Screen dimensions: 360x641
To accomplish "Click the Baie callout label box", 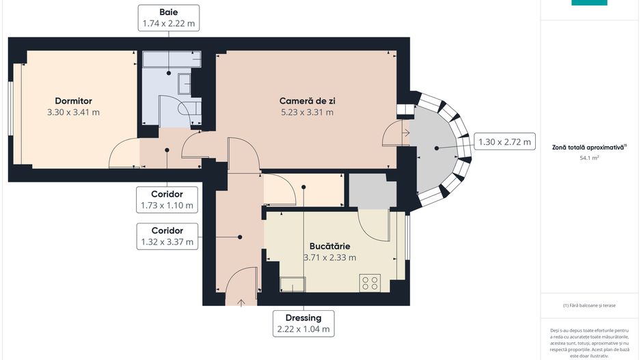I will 169,18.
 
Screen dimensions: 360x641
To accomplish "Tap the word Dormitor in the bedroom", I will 73,100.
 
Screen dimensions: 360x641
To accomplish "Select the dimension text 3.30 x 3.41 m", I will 73,112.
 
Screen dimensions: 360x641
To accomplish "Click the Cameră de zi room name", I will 307,100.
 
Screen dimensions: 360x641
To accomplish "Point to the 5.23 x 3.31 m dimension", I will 307,112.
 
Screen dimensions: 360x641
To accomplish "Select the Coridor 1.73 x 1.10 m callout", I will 167,199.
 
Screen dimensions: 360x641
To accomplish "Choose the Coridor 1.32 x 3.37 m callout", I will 167,236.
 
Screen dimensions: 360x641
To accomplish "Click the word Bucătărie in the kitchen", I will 329,245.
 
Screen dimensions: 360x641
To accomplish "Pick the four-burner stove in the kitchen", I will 370,282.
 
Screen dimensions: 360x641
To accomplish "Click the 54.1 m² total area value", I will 589,158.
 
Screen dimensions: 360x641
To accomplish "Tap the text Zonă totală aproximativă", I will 588,146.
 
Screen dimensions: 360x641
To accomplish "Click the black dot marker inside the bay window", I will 436,148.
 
